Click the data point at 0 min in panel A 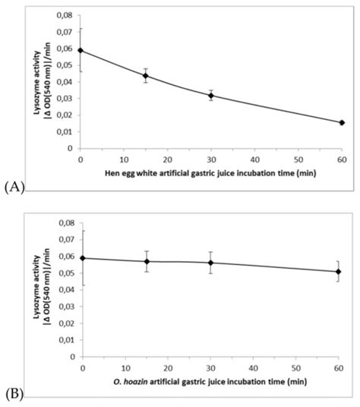click(x=81, y=51)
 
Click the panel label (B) click(x=14, y=394)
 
